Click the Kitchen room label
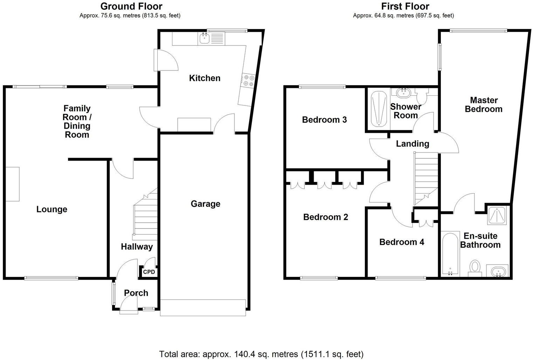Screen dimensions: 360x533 205,78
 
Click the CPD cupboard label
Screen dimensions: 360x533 149,272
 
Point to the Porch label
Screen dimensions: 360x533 136,293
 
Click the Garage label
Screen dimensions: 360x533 205,204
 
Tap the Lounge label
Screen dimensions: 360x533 52,209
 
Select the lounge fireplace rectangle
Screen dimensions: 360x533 12,184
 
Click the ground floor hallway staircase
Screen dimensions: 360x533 145,214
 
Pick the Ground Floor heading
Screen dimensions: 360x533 131,6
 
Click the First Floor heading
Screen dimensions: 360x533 405,6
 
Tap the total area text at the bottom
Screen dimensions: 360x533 261,354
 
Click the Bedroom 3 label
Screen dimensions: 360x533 324,120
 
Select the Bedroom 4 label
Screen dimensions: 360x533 402,242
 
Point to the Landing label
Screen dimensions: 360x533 412,143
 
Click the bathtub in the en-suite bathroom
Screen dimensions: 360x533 450,253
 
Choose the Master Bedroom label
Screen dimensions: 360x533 484,104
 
